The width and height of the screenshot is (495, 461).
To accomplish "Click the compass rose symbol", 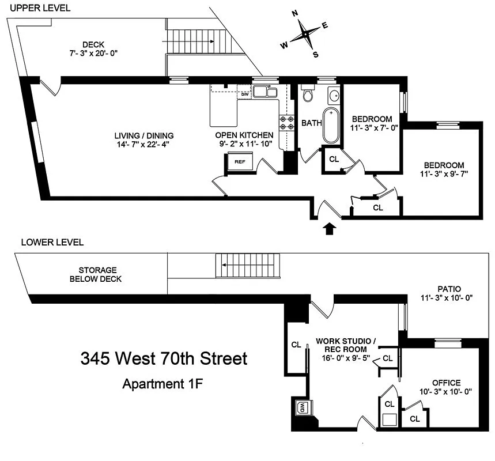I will [x=304, y=35].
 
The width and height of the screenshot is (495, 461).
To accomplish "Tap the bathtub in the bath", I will [x=331, y=125].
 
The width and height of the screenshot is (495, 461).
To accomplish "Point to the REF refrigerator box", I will [x=240, y=162].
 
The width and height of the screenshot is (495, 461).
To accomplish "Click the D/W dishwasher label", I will [x=245, y=95].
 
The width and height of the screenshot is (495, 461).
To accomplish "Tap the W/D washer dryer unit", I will [x=302, y=407].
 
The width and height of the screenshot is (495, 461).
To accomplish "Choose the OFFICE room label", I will [x=447, y=383].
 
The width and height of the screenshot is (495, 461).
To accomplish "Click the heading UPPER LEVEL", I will [x=40, y=8].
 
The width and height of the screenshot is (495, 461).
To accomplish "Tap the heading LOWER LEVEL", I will [x=52, y=242].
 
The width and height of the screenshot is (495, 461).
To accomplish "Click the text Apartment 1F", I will [x=164, y=383].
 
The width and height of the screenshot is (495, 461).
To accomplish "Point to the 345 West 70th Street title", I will [x=164, y=359].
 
